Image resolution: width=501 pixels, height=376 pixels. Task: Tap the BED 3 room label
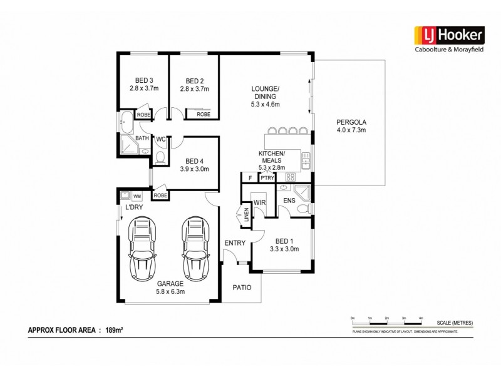coord(143,85)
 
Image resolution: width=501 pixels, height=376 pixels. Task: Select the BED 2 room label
coord(194,85)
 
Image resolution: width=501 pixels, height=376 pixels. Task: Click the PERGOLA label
coord(350,125)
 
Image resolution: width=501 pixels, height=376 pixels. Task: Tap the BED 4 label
coord(190,165)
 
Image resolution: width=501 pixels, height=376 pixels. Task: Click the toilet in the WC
coord(160,157)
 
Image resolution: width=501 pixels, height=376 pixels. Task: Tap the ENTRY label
coord(234,243)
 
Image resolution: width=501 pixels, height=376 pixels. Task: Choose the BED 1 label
coord(283,244)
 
